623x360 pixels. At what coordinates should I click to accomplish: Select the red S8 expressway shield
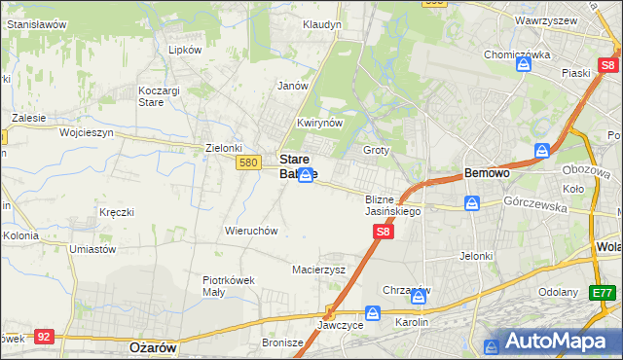pos(384,232)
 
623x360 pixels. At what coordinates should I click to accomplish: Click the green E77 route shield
pos(604,292)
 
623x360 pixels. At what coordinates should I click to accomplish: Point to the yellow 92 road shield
pos(43,336)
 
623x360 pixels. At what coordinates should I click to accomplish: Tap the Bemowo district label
pos(487,173)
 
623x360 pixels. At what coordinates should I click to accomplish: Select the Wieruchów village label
pos(252,232)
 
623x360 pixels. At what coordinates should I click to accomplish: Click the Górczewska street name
pos(536,201)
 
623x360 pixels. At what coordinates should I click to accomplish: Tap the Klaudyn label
pos(322,24)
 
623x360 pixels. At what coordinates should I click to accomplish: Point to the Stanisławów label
pos(36,23)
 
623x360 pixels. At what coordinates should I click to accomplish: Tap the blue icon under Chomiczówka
pos(524,65)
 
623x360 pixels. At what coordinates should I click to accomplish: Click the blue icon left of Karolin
pos(372,313)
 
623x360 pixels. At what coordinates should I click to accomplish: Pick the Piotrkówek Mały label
pos(228,285)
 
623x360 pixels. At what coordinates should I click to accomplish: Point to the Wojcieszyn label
pos(87,132)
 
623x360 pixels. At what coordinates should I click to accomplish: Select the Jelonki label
pos(478,256)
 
